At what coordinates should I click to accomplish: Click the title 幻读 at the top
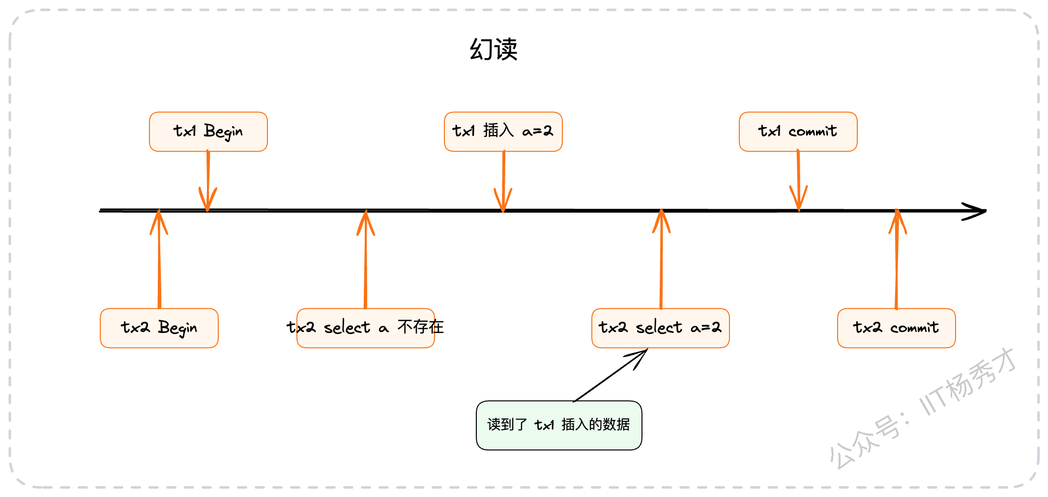[x=494, y=49]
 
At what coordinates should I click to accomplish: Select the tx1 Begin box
[x=208, y=132]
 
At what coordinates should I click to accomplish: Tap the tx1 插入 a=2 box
[x=503, y=132]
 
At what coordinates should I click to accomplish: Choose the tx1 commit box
[x=798, y=132]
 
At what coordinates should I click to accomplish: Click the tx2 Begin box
[x=159, y=328]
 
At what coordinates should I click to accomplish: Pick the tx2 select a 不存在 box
[x=366, y=328]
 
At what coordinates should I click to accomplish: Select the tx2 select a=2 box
[x=661, y=328]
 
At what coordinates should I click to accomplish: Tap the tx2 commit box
[x=897, y=328]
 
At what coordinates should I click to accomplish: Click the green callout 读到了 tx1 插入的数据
[x=559, y=425]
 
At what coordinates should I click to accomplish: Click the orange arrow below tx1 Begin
[x=208, y=181]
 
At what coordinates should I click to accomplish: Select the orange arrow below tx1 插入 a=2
[x=503, y=181]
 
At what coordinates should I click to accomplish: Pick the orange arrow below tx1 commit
[x=798, y=181]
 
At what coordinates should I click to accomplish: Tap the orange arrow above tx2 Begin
[x=159, y=259]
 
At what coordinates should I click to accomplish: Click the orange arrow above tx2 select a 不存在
[x=366, y=259]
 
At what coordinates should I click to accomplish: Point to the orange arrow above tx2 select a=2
[x=661, y=259]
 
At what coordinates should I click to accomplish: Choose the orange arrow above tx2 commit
[x=897, y=259]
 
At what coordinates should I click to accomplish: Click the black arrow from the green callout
[x=611, y=375]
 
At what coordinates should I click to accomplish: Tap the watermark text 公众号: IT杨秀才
[x=923, y=408]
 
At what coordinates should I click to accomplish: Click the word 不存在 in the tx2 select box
[x=421, y=327]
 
